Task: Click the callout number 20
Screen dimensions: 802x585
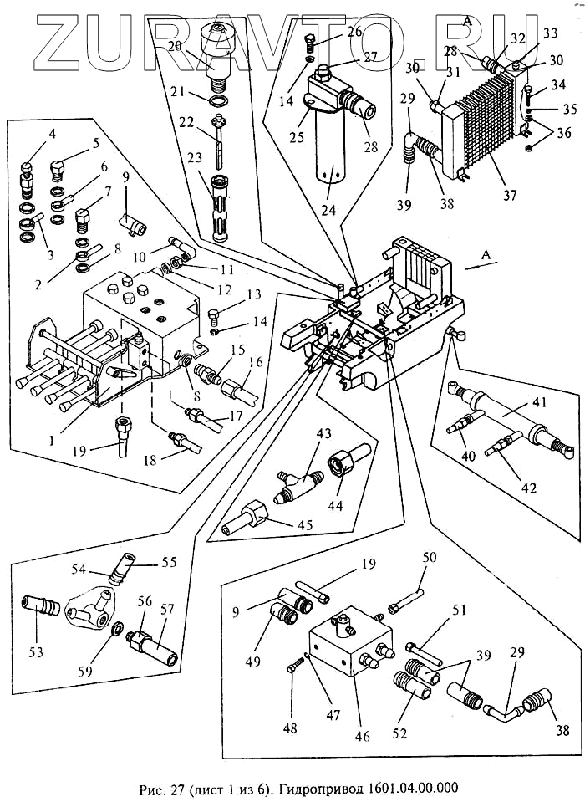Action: click(198, 47)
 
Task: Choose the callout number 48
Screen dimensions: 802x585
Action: click(290, 727)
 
